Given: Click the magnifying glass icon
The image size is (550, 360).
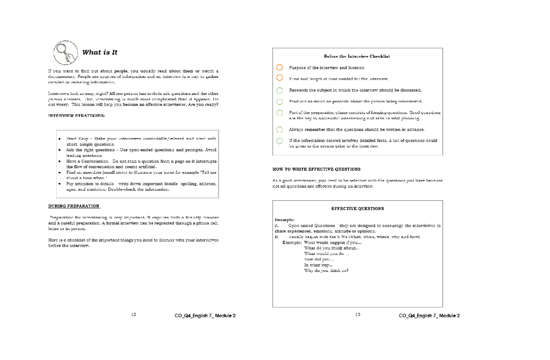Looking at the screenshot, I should pyautogui.click(x=65, y=52).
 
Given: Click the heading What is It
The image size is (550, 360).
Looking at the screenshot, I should pyautogui.click(x=99, y=52).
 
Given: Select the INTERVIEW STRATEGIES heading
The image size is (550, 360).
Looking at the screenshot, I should pyautogui.click(x=77, y=116).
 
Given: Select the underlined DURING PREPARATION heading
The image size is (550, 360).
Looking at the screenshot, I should pyautogui.click(x=74, y=206).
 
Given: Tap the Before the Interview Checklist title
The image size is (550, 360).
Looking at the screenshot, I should pyautogui.click(x=357, y=56).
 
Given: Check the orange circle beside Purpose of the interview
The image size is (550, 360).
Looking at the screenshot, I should pyautogui.click(x=280, y=67).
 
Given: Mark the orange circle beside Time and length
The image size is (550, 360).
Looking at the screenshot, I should pyautogui.click(x=280, y=78).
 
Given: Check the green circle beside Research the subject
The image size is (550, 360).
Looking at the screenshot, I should pyautogui.click(x=280, y=90).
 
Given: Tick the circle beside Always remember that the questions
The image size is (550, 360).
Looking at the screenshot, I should pyautogui.click(x=280, y=129).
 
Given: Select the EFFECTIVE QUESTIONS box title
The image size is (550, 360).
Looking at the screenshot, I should pyautogui.click(x=357, y=209).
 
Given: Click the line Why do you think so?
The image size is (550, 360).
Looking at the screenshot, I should pyautogui.click(x=326, y=271).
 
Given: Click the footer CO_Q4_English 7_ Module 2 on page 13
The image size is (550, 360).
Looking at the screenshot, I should pyautogui.click(x=429, y=316).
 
